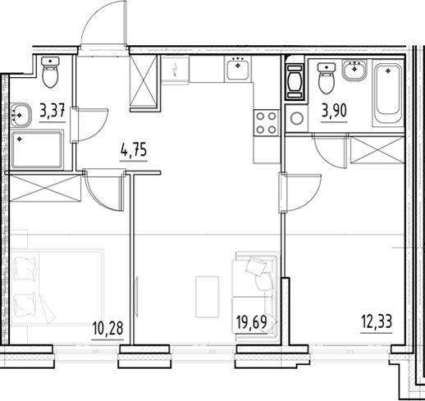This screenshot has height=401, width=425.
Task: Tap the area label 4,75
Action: [135, 151]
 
